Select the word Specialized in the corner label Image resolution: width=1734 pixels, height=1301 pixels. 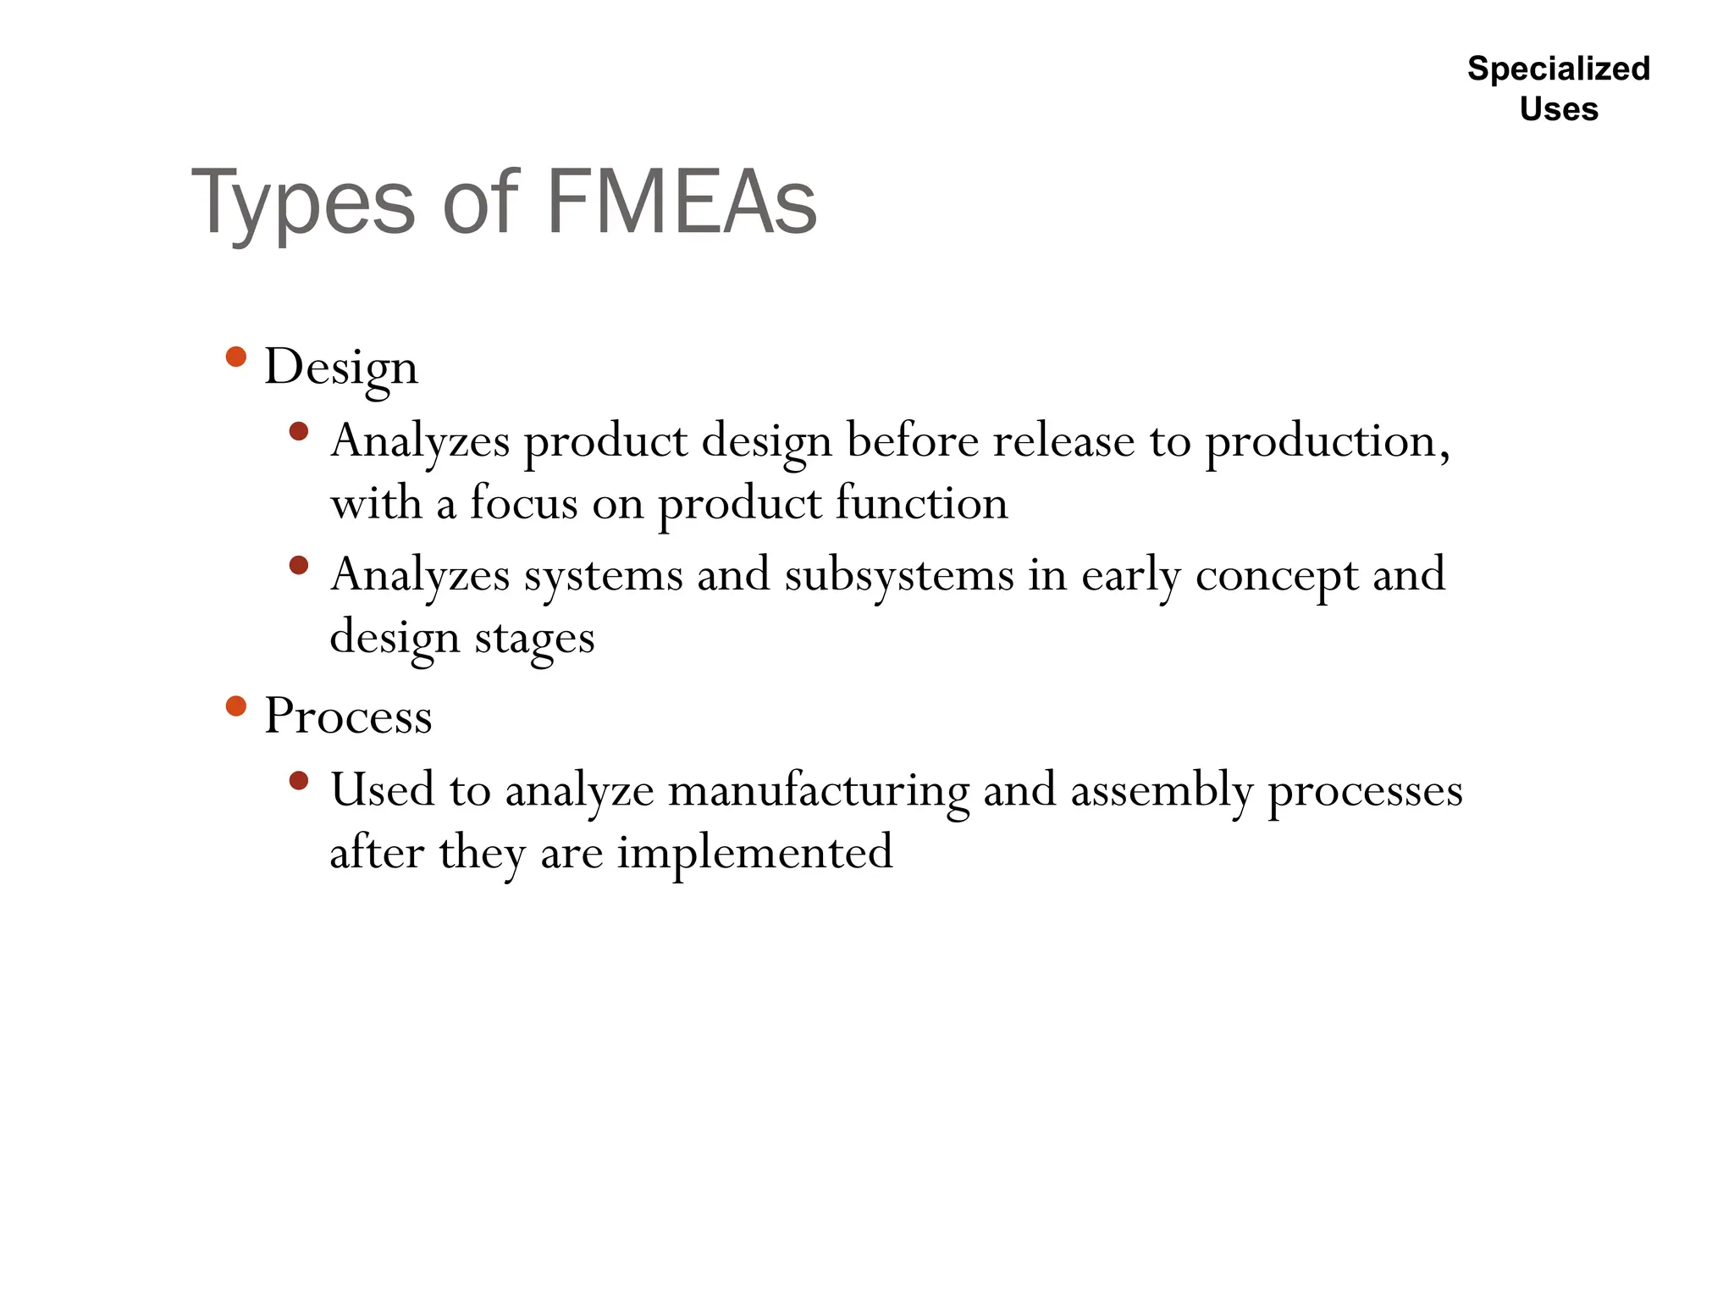(1559, 69)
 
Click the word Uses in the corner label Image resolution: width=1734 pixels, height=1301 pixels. (1559, 109)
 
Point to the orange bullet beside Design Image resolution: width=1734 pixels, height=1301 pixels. (236, 357)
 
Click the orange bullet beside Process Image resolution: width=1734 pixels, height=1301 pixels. (236, 706)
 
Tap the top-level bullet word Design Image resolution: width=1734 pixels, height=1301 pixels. (340, 368)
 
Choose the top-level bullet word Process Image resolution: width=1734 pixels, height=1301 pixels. (348, 716)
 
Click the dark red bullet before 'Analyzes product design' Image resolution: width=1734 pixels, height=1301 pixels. (298, 431)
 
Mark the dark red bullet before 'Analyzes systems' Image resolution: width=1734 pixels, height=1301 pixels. (298, 565)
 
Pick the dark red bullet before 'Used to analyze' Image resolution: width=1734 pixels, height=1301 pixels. (298, 780)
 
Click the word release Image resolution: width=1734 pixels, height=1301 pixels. (1063, 440)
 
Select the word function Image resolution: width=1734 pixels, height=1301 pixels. (921, 502)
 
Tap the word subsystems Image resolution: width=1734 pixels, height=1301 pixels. (899, 575)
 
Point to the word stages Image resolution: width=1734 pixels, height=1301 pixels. (534, 639)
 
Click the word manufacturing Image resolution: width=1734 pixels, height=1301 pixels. (818, 790)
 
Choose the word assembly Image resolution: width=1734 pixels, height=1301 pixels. (1161, 790)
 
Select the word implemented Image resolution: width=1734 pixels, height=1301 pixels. (754, 852)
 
